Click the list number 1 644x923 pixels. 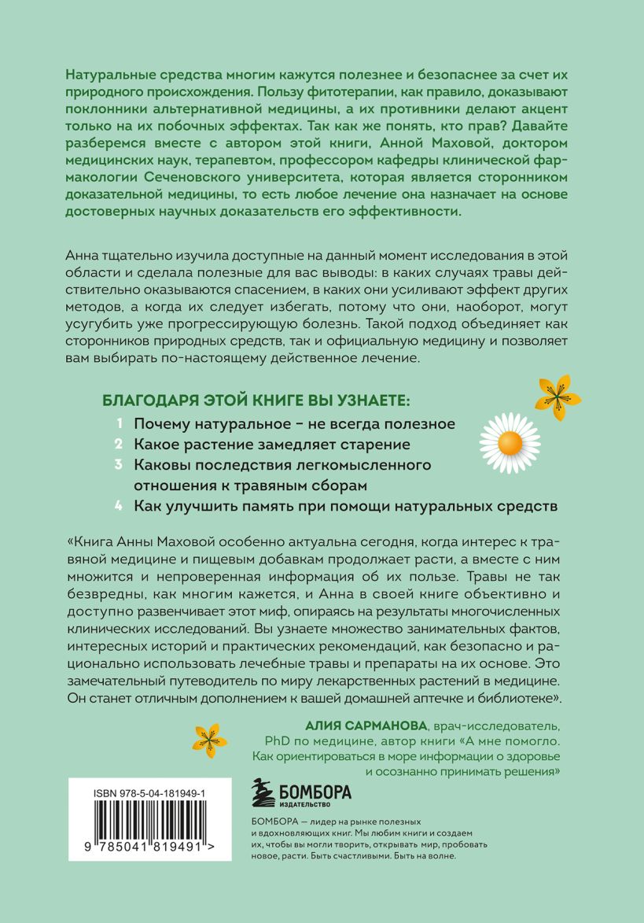click(x=119, y=423)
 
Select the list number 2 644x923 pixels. click(x=119, y=444)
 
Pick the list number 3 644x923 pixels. click(x=119, y=465)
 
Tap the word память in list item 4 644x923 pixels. click(x=246, y=506)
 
